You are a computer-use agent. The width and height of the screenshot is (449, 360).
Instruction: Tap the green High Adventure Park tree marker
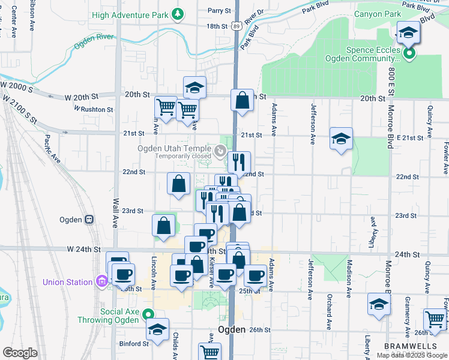point(177,13)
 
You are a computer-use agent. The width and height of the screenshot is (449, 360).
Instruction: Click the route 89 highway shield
point(238,26)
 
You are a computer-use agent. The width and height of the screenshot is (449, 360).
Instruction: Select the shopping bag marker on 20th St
point(242,102)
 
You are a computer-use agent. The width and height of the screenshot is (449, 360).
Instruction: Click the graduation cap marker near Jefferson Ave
point(340,139)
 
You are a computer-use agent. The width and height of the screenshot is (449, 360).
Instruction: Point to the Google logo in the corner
point(20,352)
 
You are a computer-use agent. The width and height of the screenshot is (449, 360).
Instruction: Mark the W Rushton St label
point(94,109)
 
